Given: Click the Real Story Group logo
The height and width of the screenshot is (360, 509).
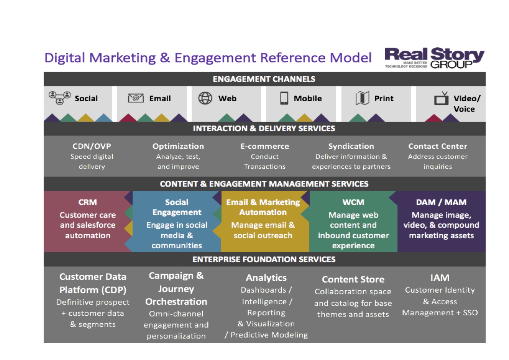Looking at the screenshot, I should [434, 58].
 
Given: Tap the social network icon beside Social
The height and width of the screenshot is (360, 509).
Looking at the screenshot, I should [60, 98].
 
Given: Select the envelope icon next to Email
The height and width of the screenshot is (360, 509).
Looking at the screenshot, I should [136, 98].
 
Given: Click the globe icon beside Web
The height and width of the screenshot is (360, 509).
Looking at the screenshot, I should [205, 98].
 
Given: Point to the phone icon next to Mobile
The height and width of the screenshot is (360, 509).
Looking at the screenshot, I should [284, 98].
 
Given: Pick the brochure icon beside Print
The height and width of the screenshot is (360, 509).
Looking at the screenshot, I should [362, 98].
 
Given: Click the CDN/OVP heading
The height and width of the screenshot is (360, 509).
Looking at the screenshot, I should [92, 146].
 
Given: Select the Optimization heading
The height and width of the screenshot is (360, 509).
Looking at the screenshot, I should [178, 146].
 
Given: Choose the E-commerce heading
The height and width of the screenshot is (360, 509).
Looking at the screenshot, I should [265, 146].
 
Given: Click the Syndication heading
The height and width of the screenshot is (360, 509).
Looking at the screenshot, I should [351, 146].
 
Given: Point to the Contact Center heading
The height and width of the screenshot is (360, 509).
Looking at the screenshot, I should [438, 146].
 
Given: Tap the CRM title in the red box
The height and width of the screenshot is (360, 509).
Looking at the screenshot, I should [87, 202].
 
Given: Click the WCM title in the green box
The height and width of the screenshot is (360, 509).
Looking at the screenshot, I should [353, 202].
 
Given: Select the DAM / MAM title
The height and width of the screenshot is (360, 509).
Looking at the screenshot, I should [441, 202].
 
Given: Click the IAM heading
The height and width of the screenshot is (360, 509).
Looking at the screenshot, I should [440, 278].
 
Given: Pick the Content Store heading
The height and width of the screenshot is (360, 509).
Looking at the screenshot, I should [353, 279].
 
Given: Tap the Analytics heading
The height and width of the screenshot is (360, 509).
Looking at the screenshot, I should [266, 278].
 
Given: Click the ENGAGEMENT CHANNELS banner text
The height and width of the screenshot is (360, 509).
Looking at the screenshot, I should [264, 79].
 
